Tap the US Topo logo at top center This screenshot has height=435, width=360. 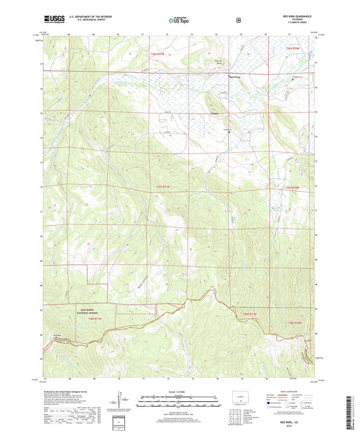(179, 21)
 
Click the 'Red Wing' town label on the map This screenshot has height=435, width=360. (236, 78)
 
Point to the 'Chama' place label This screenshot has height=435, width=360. (215, 113)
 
